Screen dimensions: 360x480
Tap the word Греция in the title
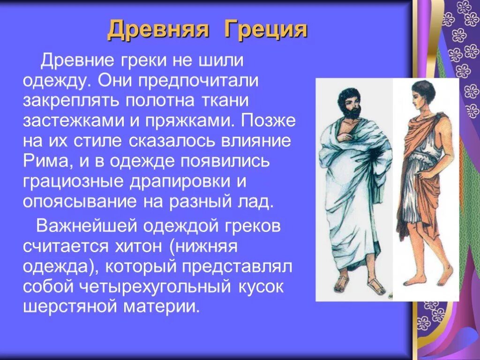(266, 30)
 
